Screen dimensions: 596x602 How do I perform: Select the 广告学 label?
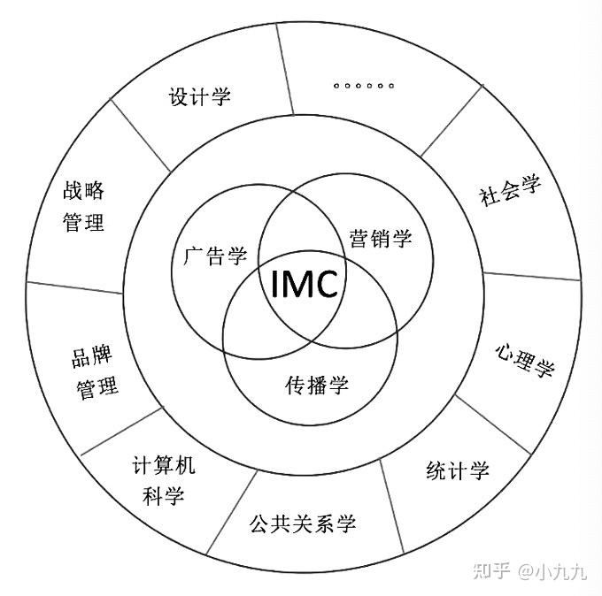(215, 256)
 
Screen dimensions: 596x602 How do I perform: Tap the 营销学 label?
(381, 238)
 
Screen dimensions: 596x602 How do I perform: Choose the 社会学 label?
(509, 191)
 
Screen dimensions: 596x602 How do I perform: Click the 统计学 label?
(457, 470)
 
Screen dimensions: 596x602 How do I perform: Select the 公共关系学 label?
(303, 523)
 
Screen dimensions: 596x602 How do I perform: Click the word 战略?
(84, 191)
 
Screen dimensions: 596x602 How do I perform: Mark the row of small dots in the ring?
(364, 86)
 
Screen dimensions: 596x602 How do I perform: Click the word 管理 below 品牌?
(97, 387)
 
